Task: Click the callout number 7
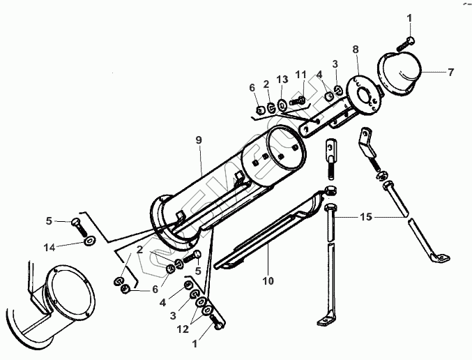[450, 73]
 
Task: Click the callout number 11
[300, 75]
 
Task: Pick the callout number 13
[282, 80]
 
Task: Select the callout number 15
[365, 218]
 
